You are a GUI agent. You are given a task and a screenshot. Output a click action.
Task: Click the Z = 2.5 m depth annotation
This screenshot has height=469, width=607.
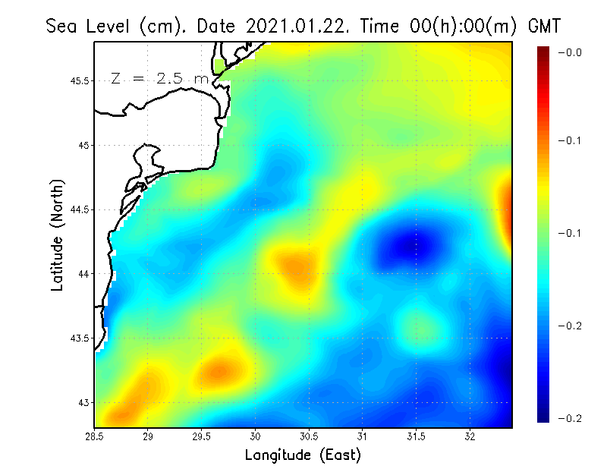coord(159,78)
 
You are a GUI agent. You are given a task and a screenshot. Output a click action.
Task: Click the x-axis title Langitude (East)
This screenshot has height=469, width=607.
coord(303,455)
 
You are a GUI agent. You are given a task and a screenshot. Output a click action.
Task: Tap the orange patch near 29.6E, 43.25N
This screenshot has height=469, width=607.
coord(216,370)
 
